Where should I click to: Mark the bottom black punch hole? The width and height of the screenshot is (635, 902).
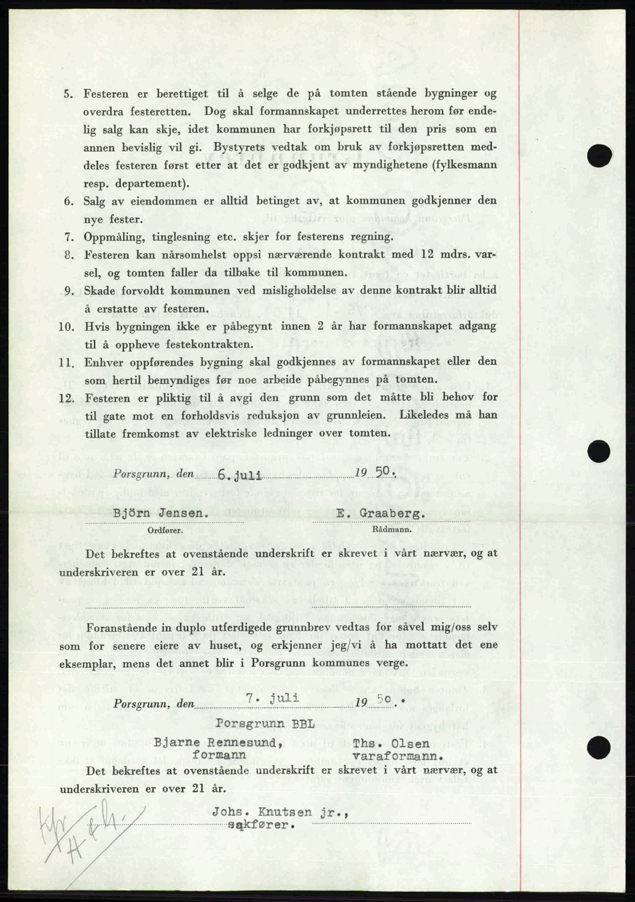click(600, 748)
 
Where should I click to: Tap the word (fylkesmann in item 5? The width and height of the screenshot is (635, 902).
click(455, 165)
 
